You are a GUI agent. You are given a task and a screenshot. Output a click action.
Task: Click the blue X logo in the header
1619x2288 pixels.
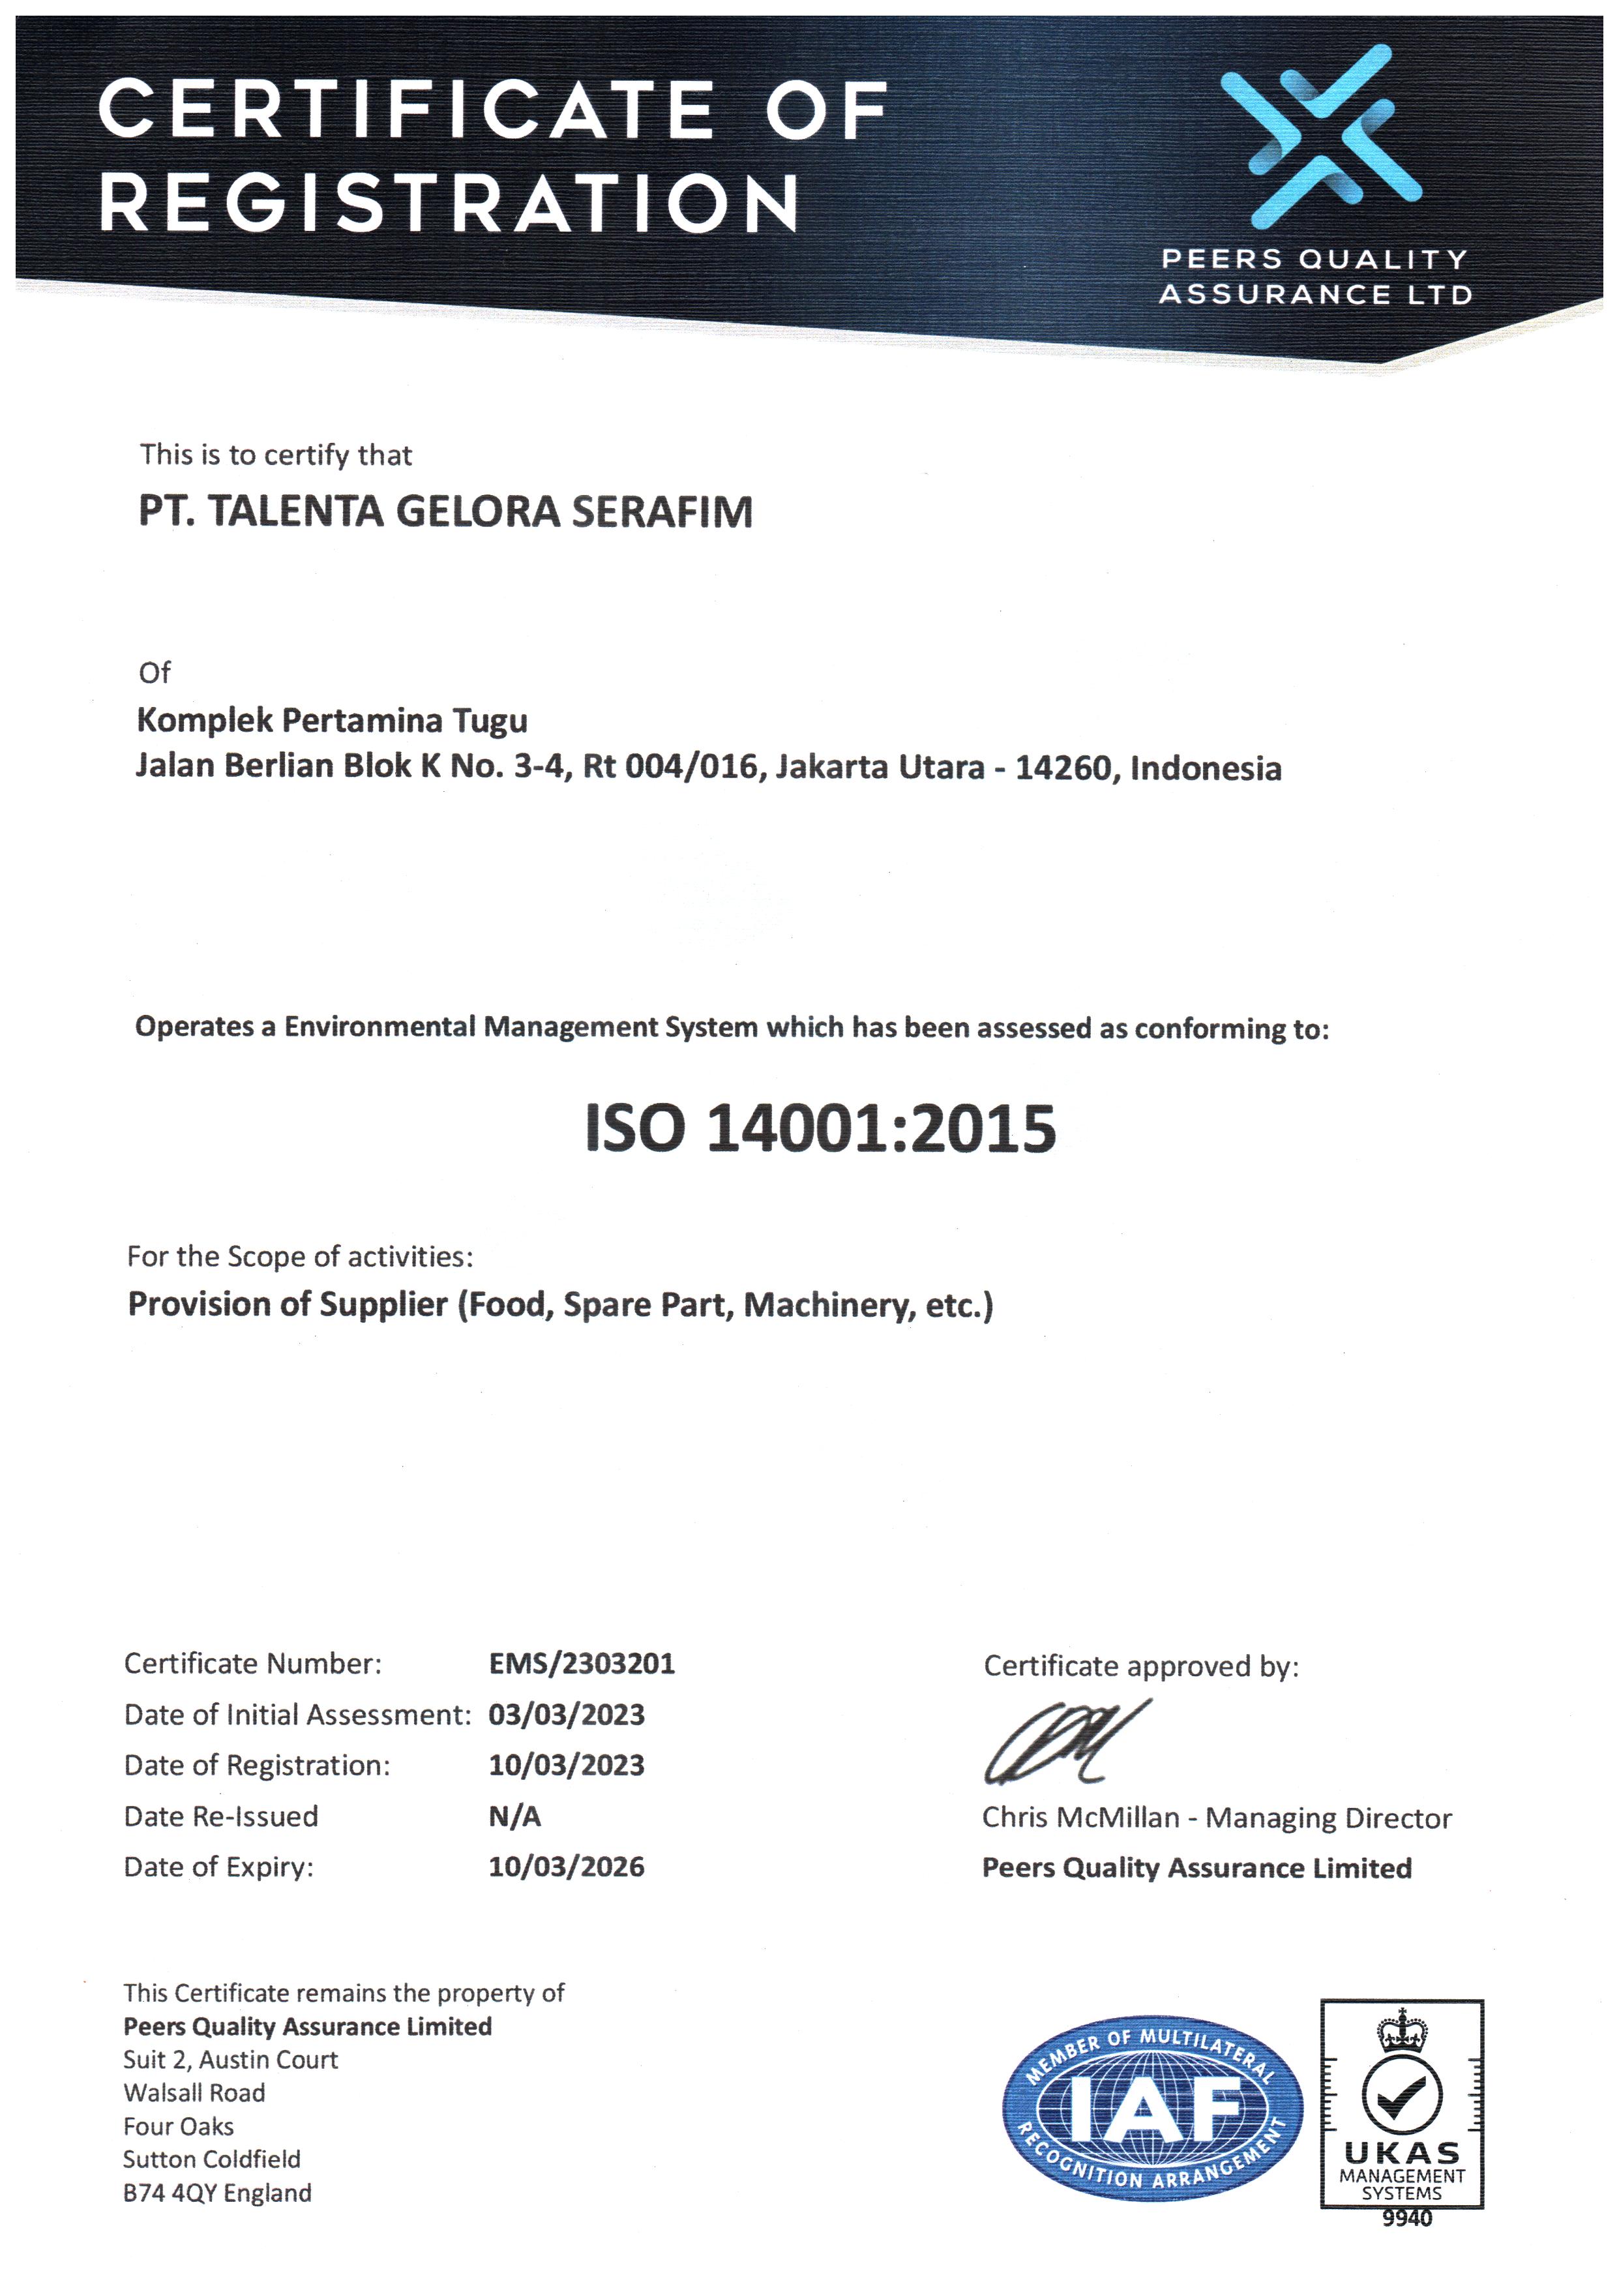[x=1320, y=136]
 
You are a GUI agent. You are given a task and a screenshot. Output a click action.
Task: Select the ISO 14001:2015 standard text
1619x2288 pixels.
[x=820, y=1130]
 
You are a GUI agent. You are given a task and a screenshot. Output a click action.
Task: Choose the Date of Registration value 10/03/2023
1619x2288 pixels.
[x=566, y=1766]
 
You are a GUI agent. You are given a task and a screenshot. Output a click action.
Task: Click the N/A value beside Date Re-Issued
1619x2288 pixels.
[x=514, y=1816]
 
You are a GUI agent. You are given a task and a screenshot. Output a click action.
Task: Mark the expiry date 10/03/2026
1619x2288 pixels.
[x=566, y=1867]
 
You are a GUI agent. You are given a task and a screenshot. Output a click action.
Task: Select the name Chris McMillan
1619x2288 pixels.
[x=1080, y=1818]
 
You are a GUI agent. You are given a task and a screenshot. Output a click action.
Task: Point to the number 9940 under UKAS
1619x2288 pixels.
[x=1406, y=2218]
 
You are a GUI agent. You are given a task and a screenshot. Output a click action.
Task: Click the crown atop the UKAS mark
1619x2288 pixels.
[x=1402, y=2032]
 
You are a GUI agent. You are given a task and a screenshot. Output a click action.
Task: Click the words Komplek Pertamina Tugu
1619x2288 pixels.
[x=332, y=720]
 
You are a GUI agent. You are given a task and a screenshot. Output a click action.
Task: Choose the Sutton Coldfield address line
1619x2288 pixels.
[x=211, y=2160]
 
